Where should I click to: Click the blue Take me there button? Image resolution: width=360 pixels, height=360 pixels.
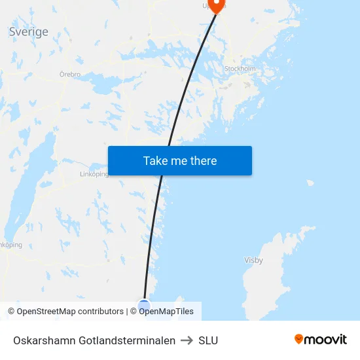pos(179,161)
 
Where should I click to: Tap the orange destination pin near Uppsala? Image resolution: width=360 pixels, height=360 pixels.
pos(216,6)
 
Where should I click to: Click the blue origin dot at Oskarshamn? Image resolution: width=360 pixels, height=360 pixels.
pos(144,305)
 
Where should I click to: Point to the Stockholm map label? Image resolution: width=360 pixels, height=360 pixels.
pos(240,68)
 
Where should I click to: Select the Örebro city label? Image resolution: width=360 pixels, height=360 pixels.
pos(69,75)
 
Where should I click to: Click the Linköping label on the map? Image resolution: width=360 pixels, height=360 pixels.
pos(93,175)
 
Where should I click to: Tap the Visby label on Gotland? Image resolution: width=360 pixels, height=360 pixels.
pos(253,261)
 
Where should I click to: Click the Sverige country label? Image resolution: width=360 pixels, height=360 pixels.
pos(28,32)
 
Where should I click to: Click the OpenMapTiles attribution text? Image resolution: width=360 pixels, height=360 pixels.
pos(166,312)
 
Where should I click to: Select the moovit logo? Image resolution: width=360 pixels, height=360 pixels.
pos(321,340)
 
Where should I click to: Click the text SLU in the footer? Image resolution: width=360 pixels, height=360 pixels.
pos(208,340)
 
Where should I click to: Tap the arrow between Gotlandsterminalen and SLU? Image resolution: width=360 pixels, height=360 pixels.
pos(187,340)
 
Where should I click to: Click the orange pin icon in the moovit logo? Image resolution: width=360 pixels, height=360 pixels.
pos(299,339)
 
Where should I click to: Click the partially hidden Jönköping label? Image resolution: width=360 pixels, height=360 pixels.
pos(11,245)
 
